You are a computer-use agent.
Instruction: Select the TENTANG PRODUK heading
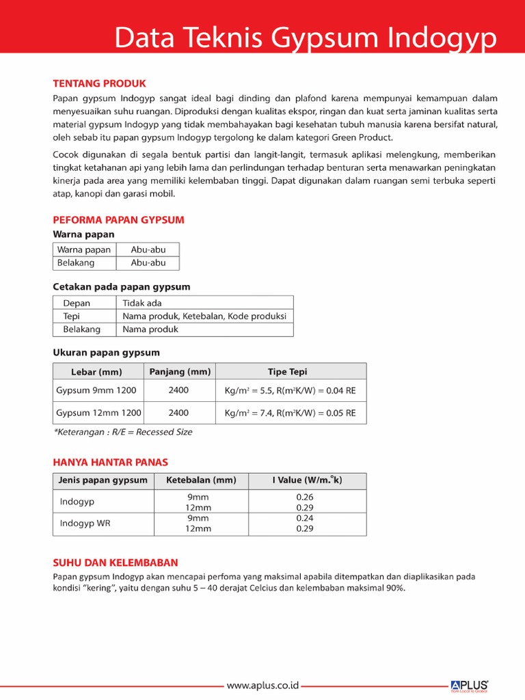click(x=100, y=83)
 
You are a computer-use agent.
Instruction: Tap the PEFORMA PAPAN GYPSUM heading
click(x=119, y=219)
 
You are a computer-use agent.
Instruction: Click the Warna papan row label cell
click(x=84, y=250)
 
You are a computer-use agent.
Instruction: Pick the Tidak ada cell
click(x=142, y=303)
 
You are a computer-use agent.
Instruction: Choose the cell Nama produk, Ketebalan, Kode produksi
click(x=204, y=316)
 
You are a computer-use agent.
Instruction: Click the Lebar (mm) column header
click(x=96, y=372)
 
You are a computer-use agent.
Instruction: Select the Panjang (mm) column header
click(x=178, y=371)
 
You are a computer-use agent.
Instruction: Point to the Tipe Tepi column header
click(x=287, y=372)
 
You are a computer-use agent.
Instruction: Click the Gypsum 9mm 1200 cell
click(x=96, y=390)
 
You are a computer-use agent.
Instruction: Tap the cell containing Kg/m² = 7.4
click(x=290, y=413)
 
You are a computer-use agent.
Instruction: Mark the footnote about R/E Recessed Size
click(x=123, y=432)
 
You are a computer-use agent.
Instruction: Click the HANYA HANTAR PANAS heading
click(x=111, y=462)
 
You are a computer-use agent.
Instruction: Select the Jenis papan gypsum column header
click(x=103, y=481)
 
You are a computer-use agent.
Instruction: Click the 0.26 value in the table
click(x=304, y=497)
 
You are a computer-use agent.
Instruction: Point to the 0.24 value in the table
click(x=304, y=519)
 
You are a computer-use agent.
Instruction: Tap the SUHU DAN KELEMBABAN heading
click(x=116, y=563)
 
